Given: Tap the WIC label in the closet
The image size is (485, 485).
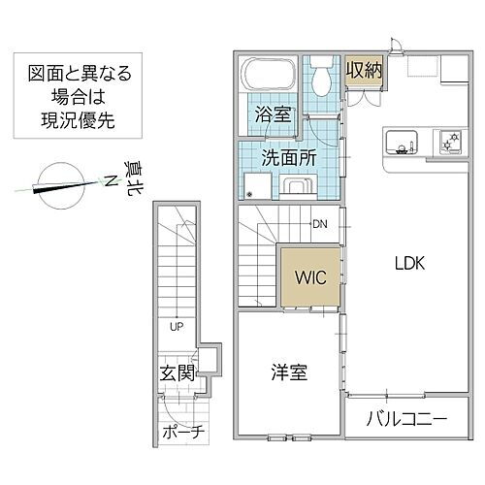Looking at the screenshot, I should pyautogui.click(x=310, y=276).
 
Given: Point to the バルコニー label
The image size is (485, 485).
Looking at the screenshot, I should pyautogui.click(x=406, y=420).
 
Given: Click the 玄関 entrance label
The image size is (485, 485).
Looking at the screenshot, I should pyautogui.click(x=176, y=372).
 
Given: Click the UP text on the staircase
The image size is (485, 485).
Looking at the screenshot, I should pyautogui.click(x=176, y=327).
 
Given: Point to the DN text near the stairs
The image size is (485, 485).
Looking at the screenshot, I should pyautogui.click(x=319, y=225).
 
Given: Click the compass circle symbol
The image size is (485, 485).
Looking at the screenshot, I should pyautogui.click(x=51, y=184).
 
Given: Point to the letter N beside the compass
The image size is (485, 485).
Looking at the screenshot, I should pyautogui.click(x=110, y=181).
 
